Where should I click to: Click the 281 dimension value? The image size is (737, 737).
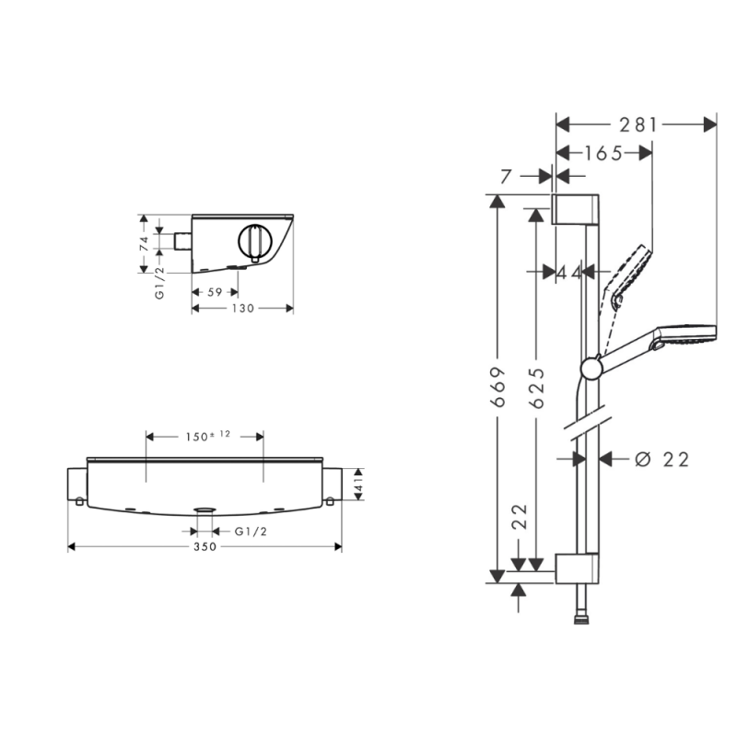point(638,125)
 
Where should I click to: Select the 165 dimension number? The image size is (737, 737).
point(604,154)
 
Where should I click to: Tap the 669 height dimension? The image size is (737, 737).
point(497,387)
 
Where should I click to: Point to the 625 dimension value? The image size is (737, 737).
point(536,387)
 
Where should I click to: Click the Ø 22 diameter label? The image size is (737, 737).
point(661,459)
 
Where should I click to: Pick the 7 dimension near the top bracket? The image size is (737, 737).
point(506,177)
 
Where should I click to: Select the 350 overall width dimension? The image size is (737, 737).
point(205,546)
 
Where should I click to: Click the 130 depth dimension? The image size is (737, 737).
point(243,309)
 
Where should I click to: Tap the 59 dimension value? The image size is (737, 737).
point(215,292)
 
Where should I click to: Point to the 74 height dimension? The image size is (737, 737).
point(145,243)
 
